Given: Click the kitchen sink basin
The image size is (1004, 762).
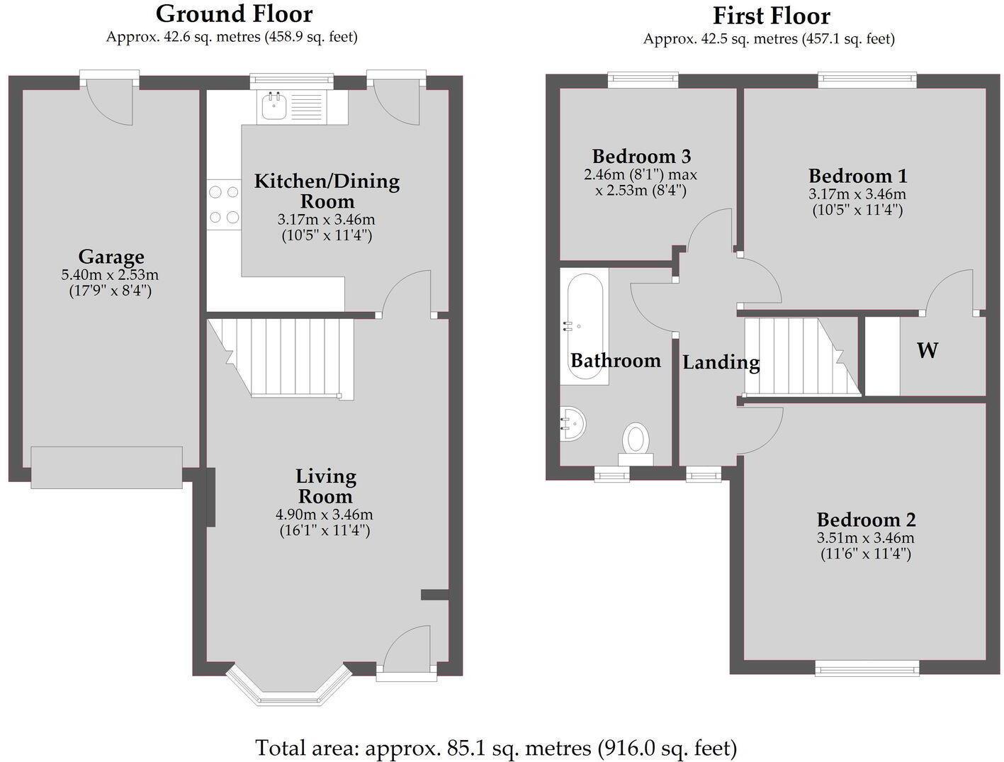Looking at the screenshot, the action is tap(273, 106).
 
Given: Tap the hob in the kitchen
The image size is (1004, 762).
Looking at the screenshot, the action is tap(224, 204).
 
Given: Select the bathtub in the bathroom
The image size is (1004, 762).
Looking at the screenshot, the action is tap(585, 326).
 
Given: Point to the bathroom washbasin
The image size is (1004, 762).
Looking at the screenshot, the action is tap(572, 423).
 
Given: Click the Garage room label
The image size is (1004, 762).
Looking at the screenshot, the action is tap(111, 257).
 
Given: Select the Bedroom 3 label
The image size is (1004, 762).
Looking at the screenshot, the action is tap(641, 157).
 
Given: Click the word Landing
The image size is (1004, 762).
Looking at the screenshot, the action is tap(721, 363).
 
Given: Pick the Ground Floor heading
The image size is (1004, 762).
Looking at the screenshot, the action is tap(235, 14).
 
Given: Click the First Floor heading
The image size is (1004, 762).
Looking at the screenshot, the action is tap(771, 16).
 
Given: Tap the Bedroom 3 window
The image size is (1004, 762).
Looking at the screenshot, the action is tap(643, 81).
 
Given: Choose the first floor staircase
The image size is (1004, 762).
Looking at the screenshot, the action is tap(803, 357).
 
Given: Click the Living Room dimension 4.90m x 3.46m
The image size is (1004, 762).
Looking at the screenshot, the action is tap(325, 515).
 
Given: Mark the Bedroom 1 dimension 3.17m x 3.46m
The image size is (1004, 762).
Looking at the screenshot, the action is tap(857, 194).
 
